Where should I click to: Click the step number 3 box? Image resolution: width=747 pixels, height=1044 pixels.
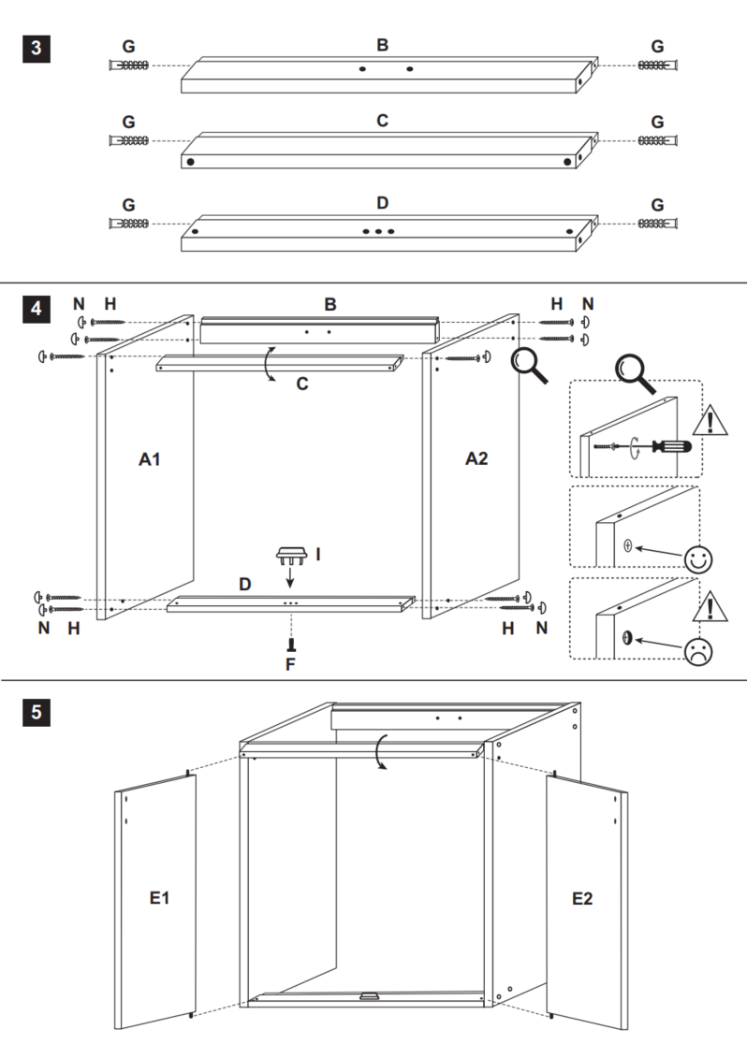pos(36,48)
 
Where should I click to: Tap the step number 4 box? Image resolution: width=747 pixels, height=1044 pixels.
pos(36,308)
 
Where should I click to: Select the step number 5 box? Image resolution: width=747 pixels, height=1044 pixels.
pos(36,712)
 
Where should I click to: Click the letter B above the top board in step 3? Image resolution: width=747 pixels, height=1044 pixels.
pos(382,45)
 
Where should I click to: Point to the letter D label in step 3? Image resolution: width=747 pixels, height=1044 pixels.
pos(382,203)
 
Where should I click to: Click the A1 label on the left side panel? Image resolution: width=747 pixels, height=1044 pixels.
pos(151,458)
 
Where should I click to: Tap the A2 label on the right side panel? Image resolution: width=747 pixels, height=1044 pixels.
pos(477,458)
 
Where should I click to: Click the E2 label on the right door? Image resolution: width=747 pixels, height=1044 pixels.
pos(582,898)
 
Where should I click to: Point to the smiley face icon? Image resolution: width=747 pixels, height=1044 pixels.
pos(697,558)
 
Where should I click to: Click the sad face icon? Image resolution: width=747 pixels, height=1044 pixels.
pos(697,650)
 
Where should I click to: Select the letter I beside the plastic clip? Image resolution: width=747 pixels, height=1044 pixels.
pos(318,555)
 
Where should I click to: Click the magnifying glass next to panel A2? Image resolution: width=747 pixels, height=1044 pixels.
pos(529,367)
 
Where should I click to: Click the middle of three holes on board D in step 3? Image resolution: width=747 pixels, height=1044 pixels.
pos(378,229)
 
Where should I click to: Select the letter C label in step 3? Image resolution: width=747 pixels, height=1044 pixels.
pos(382,121)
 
